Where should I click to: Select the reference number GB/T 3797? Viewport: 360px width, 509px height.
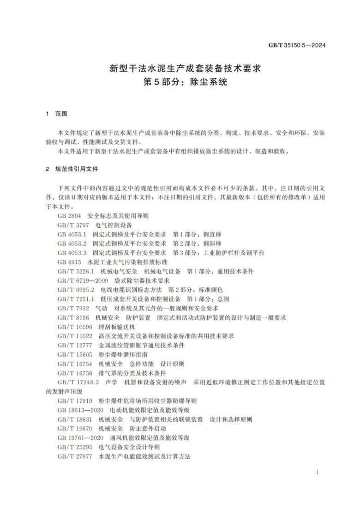(73, 225)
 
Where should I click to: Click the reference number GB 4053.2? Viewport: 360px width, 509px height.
(72, 243)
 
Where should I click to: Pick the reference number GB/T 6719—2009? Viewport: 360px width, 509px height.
(84, 280)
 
